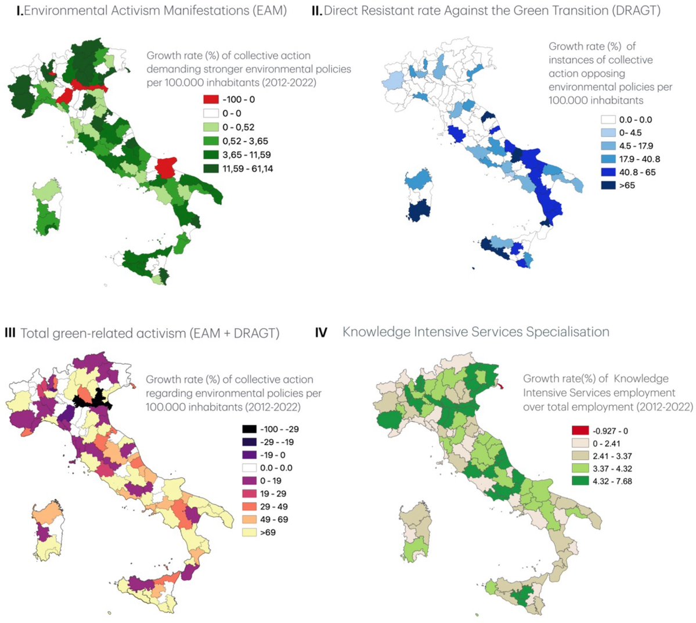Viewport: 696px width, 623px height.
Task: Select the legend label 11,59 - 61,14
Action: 247,169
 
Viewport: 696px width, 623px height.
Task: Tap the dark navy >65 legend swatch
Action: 608,186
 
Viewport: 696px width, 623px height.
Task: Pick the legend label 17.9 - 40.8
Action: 639,159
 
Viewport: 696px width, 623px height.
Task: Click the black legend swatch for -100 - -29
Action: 249,429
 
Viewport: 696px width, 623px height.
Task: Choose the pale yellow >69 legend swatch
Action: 249,532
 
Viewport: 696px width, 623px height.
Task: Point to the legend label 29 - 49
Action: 274,506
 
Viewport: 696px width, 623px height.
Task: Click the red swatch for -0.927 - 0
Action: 580,431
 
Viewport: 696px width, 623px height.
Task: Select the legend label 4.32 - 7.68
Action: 612,481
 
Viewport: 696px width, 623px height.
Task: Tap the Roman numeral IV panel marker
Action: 321,333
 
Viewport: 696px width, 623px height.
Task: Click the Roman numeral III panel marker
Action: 9,333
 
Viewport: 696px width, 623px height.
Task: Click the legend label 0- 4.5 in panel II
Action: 630,132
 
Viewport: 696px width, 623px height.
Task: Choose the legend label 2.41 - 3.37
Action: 612,456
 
